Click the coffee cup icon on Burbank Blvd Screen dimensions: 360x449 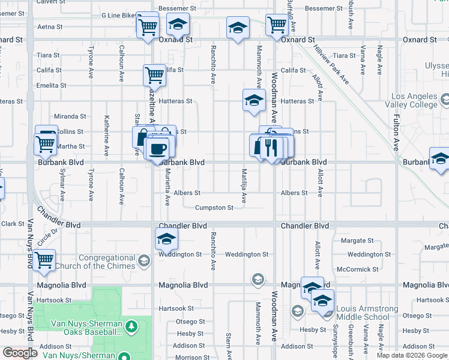[x=158, y=148]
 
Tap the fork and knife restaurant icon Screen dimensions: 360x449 [x=272, y=146]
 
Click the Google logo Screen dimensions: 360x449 [x=20, y=353]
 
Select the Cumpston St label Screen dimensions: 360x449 [x=214, y=208]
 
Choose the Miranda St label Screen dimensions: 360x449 [x=70, y=116]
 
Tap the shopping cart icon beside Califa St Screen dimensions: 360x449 [x=154, y=75]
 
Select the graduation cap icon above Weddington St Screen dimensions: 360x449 [x=166, y=240]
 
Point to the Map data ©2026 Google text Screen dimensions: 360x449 [x=411, y=355]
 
